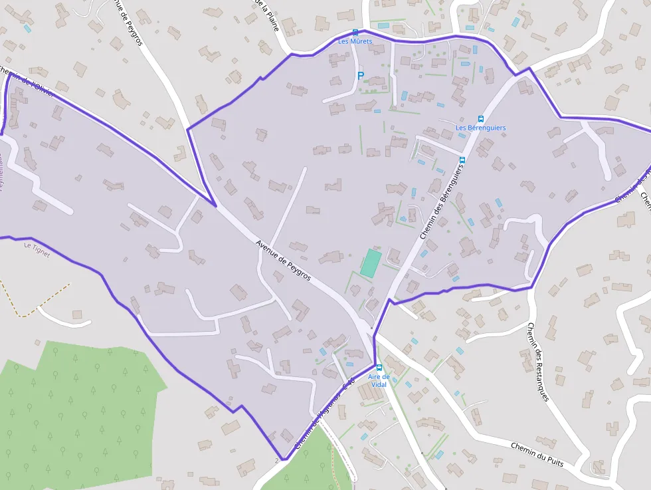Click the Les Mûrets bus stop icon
(x=355, y=32)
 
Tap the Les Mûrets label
(x=355, y=41)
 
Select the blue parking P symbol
(x=361, y=76)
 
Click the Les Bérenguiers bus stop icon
(x=481, y=119)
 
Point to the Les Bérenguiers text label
(x=480, y=128)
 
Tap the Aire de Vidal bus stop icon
(x=379, y=368)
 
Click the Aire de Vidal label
(x=379, y=380)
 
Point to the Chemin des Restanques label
(x=538, y=362)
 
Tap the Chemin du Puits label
(x=537, y=453)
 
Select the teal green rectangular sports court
(x=371, y=263)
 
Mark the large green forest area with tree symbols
(x=73, y=406)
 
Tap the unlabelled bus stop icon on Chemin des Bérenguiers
(x=463, y=160)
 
